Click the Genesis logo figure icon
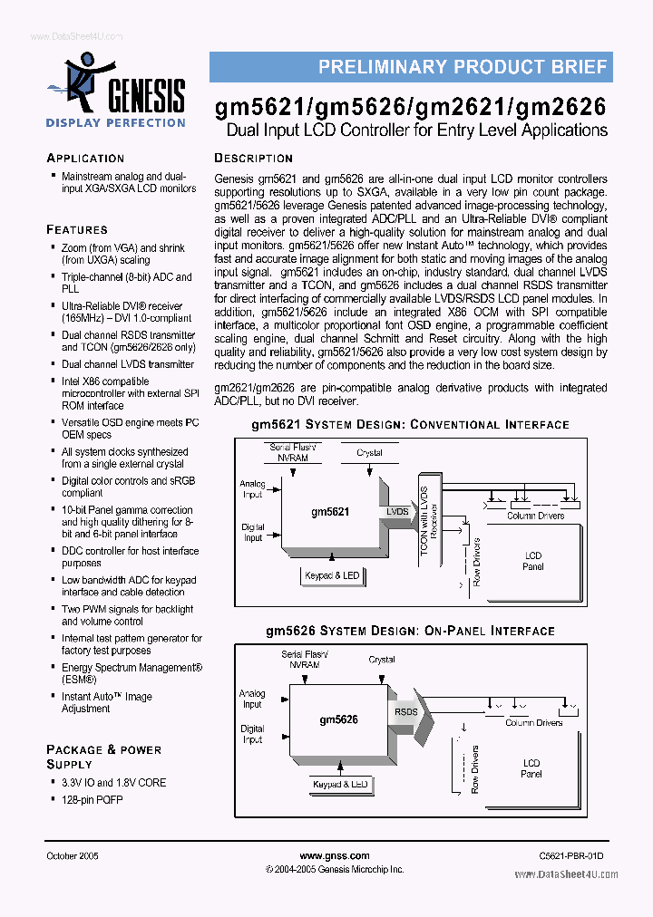[80, 80]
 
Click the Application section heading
[85, 158]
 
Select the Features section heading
[77, 229]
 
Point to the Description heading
[253, 158]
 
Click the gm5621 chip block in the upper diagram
[330, 512]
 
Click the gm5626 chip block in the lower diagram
[337, 719]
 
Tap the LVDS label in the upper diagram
[397, 512]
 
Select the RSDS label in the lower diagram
[405, 712]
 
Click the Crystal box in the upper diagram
[369, 453]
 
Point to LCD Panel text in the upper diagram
[533, 561]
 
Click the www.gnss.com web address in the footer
[334, 856]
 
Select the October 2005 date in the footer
[73, 856]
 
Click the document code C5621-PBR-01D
[570, 856]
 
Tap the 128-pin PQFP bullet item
[92, 800]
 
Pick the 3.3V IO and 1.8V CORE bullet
[113, 782]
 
